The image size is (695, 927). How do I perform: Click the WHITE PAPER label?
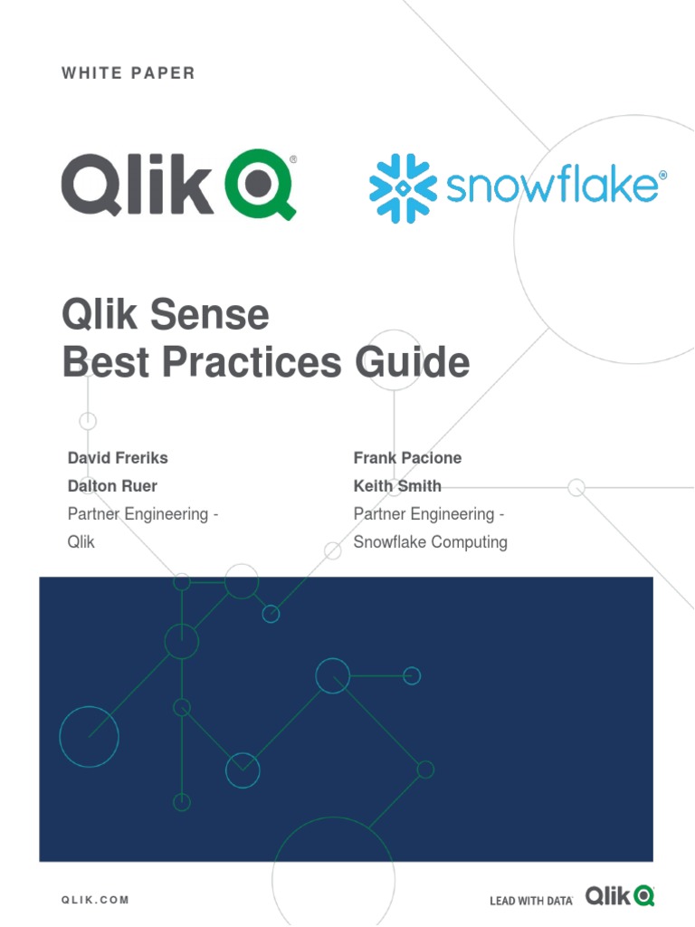click(129, 73)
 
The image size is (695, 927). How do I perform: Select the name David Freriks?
click(118, 458)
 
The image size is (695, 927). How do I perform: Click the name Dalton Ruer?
click(112, 486)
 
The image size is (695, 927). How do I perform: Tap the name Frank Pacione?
click(407, 458)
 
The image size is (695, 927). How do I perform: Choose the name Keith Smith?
click(397, 486)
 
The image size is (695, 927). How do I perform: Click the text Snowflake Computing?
click(430, 542)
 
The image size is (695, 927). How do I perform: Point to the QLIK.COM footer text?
click(95, 900)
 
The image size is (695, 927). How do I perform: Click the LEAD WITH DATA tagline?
click(530, 901)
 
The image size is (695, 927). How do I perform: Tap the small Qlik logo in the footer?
click(619, 896)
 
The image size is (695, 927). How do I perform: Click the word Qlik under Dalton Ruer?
click(81, 542)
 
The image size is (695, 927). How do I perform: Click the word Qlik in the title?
click(98, 316)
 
